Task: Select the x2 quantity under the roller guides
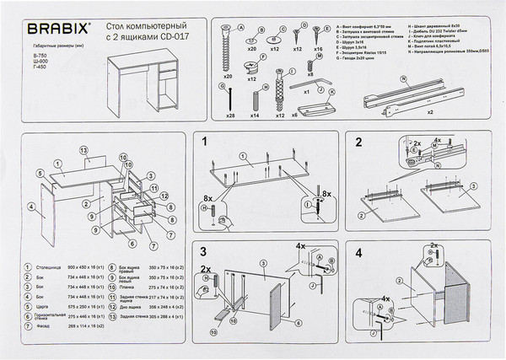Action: (431, 111)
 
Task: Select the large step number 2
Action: (358, 143)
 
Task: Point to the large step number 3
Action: (205, 252)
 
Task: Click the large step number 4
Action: (358, 252)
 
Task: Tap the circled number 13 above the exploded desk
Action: (83, 149)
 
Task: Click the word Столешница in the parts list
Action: (49, 267)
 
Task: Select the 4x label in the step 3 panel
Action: (300, 247)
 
